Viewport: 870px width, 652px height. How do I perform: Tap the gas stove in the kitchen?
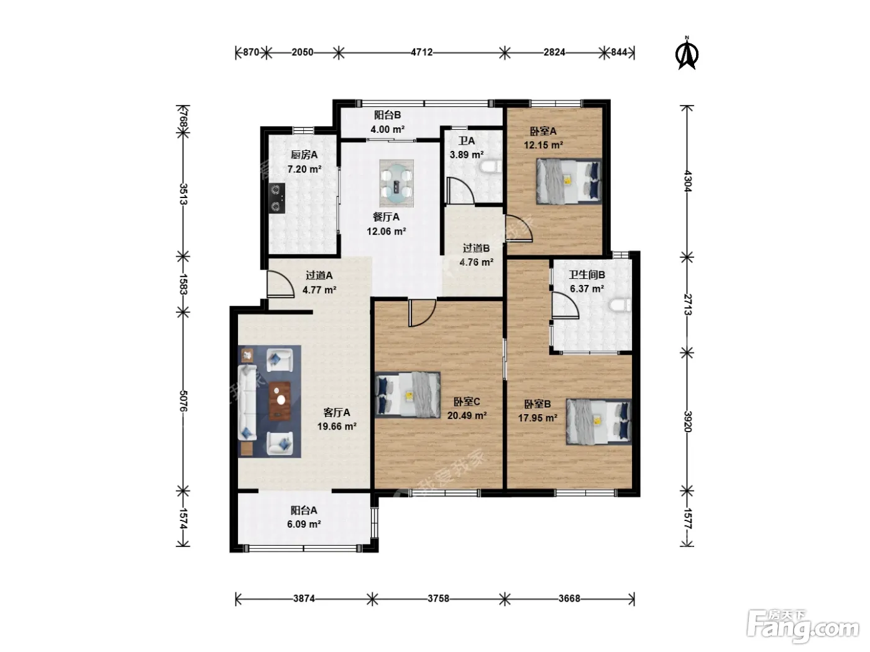tap(277, 198)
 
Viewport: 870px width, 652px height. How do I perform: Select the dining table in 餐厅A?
tap(396, 183)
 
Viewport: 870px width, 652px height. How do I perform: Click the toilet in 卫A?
tap(491, 166)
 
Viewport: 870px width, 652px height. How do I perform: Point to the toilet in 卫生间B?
tap(620, 306)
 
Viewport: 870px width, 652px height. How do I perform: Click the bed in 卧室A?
tap(569, 181)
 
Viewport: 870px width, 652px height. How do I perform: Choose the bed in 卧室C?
tap(408, 395)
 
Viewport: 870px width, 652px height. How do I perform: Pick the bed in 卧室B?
tap(598, 421)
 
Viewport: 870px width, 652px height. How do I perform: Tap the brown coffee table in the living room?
tap(280, 401)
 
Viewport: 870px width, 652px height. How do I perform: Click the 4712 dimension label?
tap(421, 52)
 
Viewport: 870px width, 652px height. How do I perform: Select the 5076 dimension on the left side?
tap(183, 401)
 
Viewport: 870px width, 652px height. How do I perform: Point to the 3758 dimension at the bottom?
tap(438, 598)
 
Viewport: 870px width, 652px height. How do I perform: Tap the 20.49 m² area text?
tap(467, 415)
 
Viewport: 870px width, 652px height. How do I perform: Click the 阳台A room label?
tap(304, 510)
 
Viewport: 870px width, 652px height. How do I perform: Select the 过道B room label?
tap(476, 248)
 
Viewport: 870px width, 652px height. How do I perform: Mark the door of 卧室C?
tap(423, 313)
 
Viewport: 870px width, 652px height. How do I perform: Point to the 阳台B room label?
tap(387, 115)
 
